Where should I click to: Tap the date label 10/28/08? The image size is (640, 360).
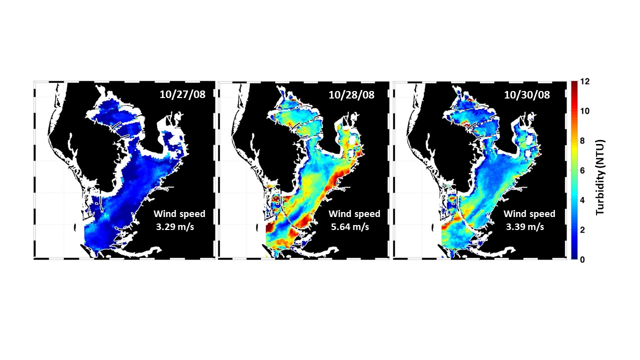click(x=354, y=95)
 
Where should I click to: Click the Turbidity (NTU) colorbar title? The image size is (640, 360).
click(x=600, y=170)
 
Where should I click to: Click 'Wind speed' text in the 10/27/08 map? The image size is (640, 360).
click(x=179, y=214)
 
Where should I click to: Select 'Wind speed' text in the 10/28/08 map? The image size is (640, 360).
click(x=354, y=214)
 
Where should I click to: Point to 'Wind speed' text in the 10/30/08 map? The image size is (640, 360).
click(x=529, y=214)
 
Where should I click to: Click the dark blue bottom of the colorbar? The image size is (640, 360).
click(x=574, y=256)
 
